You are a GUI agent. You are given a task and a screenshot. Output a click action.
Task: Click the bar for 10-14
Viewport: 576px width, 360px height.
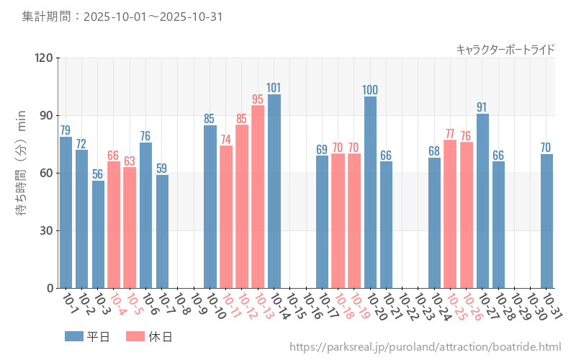pos(274,191)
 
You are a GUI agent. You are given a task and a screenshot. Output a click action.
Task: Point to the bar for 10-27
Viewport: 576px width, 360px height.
pos(482,201)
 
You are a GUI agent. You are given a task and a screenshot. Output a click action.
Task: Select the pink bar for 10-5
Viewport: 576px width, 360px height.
pos(130,228)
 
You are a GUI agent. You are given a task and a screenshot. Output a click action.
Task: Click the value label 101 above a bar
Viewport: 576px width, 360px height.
pos(274,88)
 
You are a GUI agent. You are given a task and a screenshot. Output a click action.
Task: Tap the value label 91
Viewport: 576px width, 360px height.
pos(482,107)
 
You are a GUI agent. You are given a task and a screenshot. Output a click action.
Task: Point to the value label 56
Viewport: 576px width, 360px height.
pos(98,174)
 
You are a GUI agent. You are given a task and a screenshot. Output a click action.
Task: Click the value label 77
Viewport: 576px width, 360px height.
pos(450,134)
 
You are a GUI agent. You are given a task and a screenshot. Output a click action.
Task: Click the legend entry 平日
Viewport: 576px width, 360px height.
pos(86,336)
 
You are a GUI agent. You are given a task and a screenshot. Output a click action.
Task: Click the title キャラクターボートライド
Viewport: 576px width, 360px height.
pos(505,49)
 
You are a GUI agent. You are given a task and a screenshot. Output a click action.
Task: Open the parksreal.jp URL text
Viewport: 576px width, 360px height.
pos(425,348)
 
